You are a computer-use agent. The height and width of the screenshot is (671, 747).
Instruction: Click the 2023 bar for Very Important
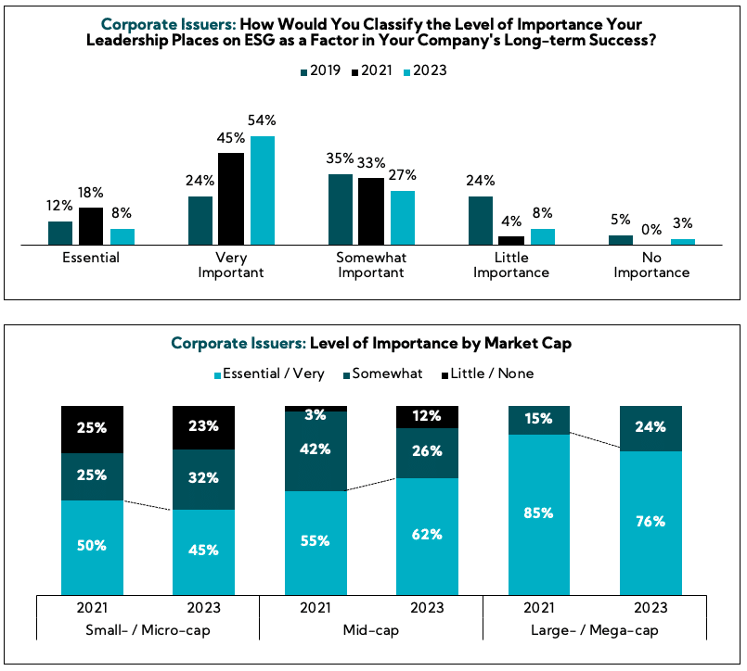pos(263,190)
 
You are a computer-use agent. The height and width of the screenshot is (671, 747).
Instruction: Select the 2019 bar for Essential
pos(60,233)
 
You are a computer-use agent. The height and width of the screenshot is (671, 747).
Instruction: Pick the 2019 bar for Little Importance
pos(481,221)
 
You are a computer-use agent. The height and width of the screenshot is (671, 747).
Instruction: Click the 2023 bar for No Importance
pos(683,241)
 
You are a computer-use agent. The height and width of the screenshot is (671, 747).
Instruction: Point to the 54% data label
pos(263,120)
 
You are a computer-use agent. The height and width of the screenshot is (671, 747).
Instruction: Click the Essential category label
pos(90,258)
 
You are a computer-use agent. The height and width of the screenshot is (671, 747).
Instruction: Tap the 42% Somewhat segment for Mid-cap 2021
pos(316,450)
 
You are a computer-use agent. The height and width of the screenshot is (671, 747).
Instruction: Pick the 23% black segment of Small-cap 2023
pos(203,426)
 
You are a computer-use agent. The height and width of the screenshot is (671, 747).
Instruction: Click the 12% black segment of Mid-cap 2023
pos(427,417)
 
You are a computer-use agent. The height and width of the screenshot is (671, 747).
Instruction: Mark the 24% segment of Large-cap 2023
pos(651,428)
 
